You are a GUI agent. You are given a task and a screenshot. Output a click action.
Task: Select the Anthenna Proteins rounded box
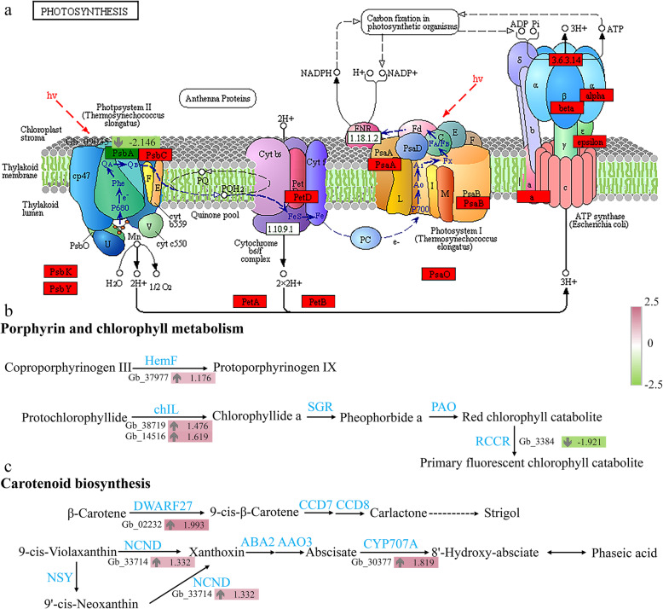[217, 101]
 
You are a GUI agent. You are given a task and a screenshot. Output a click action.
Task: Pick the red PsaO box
[441, 273]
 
